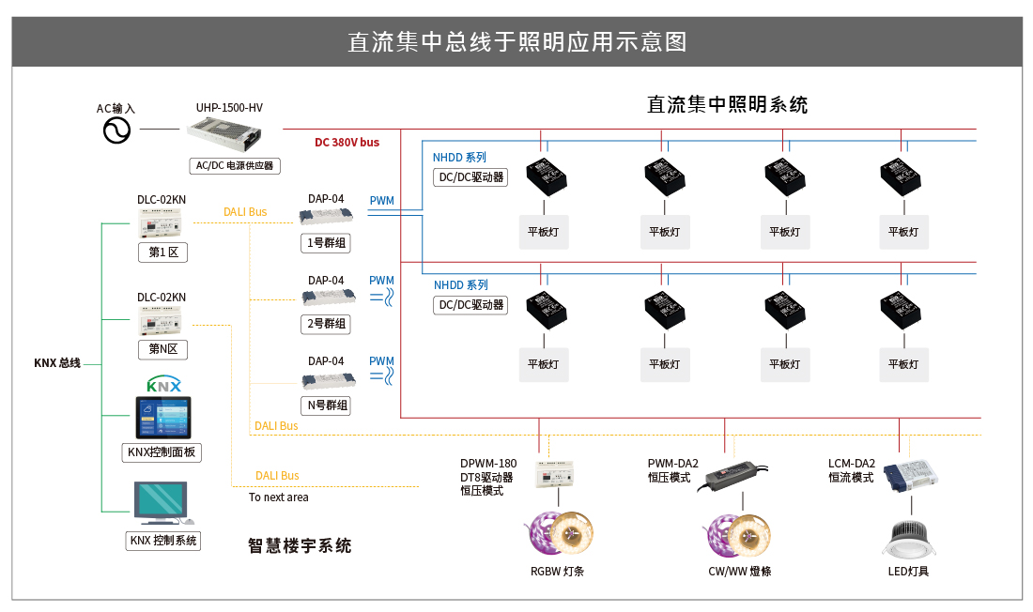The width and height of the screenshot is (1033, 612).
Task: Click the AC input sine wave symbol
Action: [x=117, y=130]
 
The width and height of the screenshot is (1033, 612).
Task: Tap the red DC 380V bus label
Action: [x=347, y=143]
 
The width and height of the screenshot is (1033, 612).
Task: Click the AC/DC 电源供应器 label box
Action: [x=235, y=166]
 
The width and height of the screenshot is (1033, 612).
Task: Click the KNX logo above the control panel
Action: [x=164, y=385]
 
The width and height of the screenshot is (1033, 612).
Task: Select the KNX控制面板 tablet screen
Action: [x=163, y=418]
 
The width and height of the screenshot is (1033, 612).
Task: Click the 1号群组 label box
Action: [x=326, y=243]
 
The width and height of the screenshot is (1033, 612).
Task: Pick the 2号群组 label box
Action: [x=326, y=324]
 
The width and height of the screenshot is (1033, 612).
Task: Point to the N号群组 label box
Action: [x=326, y=405]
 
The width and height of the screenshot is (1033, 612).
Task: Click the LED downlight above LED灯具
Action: [x=908, y=537]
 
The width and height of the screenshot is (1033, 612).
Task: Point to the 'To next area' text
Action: [x=278, y=497]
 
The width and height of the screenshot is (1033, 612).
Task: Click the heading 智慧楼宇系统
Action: [x=300, y=545]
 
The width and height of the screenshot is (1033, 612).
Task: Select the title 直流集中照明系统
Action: [x=727, y=104]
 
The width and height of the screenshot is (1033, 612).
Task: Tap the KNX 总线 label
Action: [x=57, y=363]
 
